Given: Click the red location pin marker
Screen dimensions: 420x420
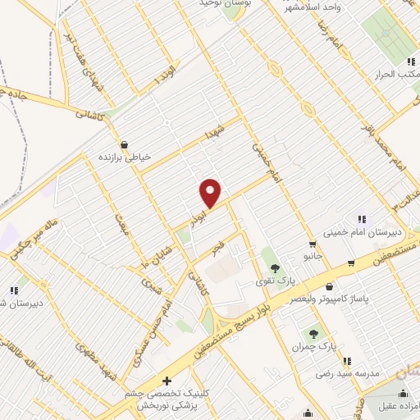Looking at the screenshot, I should tap(211, 192).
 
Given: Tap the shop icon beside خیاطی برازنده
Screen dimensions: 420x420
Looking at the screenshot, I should tap(123, 144).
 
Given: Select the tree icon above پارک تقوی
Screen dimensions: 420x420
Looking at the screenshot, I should tap(274, 267).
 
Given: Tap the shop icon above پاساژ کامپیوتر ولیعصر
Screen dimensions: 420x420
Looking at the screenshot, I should tap(329, 287).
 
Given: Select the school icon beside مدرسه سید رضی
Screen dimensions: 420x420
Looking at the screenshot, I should tap(348, 360).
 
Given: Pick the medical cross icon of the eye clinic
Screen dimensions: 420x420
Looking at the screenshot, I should tap(167, 381).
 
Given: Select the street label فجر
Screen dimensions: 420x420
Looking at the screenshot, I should tap(217, 244).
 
